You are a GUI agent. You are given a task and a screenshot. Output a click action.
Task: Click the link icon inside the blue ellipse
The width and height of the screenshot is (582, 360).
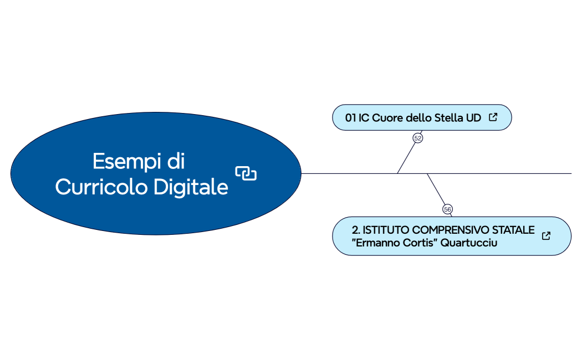246,173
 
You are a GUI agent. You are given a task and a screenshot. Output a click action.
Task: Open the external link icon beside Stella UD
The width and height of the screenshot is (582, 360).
493,117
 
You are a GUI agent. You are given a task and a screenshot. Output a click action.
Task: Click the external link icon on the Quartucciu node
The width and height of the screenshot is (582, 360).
546,236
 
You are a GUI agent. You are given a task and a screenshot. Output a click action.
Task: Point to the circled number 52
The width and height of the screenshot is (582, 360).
418,138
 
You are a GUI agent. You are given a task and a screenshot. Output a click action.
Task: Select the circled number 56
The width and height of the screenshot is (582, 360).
447,209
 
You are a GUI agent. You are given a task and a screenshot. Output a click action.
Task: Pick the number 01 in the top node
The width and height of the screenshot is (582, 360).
350,118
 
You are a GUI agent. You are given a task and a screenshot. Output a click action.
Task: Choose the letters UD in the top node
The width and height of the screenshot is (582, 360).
473,118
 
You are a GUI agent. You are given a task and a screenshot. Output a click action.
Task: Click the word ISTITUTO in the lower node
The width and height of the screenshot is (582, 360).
386,230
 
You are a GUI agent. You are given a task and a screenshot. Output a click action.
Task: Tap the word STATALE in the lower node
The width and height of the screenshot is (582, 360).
514,230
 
